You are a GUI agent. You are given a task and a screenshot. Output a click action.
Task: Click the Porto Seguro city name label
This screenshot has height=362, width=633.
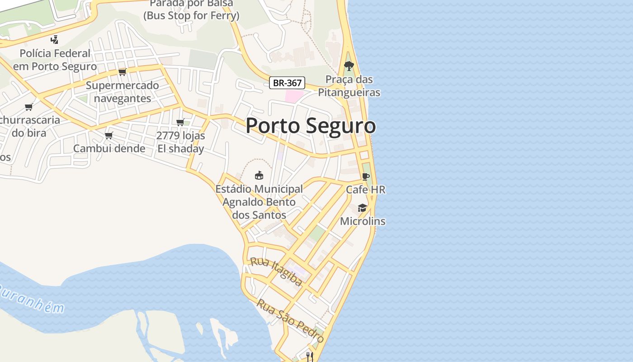click(311, 125)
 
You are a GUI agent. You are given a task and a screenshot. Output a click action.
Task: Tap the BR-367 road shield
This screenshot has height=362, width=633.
click(287, 83)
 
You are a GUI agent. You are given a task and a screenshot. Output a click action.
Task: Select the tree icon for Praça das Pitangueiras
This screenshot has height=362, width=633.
click(349, 66)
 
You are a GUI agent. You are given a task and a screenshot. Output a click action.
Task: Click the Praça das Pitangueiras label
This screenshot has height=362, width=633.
click(349, 86)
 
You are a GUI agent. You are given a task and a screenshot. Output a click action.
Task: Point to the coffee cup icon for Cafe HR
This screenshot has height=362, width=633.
click(365, 176)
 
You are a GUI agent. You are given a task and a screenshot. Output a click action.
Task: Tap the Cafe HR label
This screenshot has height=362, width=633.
click(366, 190)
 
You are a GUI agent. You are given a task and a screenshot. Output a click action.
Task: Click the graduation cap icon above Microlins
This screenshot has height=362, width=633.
click(362, 208)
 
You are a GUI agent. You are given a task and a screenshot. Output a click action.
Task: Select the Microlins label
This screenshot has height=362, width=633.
click(363, 221)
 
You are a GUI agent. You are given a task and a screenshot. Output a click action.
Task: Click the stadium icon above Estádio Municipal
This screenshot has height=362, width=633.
click(259, 175)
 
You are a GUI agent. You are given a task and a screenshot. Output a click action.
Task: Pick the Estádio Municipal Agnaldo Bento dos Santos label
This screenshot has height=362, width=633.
click(259, 202)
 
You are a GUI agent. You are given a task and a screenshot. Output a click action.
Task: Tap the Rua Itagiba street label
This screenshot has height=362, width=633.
click(276, 271)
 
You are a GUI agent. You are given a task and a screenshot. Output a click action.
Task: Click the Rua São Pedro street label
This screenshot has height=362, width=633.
click(290, 320)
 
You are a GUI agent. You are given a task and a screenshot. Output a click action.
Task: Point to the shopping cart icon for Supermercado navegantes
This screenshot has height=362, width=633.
click(122, 72)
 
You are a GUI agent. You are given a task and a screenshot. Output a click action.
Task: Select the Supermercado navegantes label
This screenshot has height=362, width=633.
click(123, 92)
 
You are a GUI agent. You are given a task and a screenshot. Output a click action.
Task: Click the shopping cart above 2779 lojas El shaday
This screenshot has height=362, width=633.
click(180, 122)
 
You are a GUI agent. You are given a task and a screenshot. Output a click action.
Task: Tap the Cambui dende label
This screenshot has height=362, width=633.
click(109, 148)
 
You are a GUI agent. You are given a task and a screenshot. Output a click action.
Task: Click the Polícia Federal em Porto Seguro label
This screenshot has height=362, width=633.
click(55, 60)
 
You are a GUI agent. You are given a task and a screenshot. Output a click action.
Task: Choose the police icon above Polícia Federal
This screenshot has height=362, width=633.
click(55, 40)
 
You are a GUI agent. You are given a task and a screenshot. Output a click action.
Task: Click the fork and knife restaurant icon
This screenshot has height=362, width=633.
click(310, 357)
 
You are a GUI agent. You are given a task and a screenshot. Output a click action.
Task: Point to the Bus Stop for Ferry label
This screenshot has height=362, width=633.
click(191, 16)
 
